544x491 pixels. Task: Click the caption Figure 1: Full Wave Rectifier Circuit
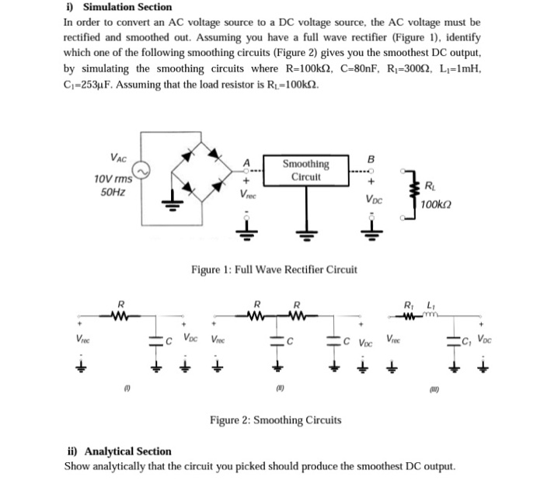274,270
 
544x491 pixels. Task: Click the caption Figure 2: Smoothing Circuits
275,420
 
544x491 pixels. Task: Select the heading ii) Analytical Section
120,451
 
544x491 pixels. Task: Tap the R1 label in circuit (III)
408,302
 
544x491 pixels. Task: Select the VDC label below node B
373,198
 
